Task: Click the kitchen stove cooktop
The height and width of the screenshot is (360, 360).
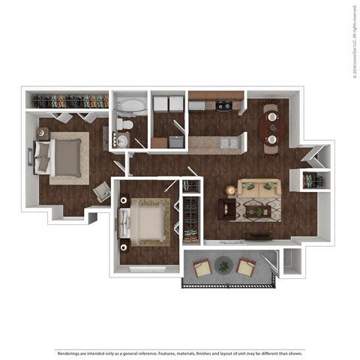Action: pyautogui.click(x=223, y=106)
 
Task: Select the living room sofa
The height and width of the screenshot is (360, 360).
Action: pyautogui.click(x=257, y=190)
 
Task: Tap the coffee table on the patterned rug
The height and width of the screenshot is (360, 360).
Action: pyautogui.click(x=255, y=211)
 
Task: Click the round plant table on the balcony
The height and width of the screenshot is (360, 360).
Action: pyautogui.click(x=223, y=264)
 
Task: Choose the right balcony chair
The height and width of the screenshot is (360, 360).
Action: pyautogui.click(x=244, y=266)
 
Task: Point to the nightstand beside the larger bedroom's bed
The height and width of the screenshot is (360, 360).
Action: pyautogui.click(x=43, y=133)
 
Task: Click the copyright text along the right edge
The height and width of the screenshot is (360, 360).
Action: pyautogui.click(x=352, y=41)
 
